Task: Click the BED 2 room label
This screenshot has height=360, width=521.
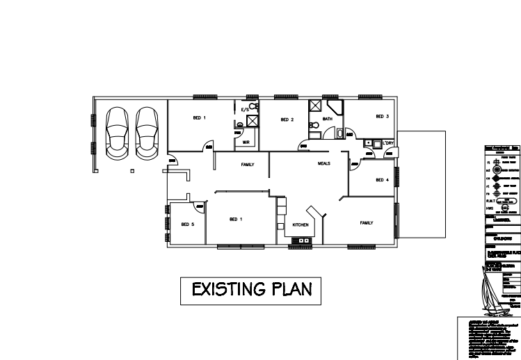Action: [x=287, y=120]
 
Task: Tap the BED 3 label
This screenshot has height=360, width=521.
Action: [x=382, y=116]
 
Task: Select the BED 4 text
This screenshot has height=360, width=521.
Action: [x=381, y=180]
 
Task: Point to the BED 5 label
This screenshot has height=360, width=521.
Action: [x=186, y=224]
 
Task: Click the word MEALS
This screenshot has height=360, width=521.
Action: [x=323, y=163]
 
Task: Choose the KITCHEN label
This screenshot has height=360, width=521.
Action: [x=300, y=225]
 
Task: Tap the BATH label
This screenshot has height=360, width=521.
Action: [x=328, y=120]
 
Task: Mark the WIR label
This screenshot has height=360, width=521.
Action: [x=245, y=142]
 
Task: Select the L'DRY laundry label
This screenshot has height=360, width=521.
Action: [x=389, y=144]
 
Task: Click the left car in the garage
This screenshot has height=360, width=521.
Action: [x=116, y=132]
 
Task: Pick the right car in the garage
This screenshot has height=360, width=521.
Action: [x=146, y=132]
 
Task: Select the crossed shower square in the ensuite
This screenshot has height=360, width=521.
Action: [x=253, y=120]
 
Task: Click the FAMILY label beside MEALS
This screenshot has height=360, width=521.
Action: [x=248, y=165]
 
